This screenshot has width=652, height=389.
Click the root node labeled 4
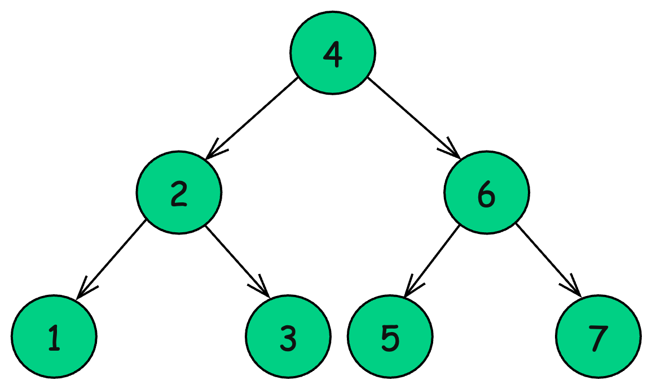coord(333,52)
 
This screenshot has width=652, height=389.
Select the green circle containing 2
coord(178,193)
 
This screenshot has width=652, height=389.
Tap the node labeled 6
coord(486,193)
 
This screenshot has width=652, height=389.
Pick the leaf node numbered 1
coord(54,337)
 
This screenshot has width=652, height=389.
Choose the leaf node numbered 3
coord(288,337)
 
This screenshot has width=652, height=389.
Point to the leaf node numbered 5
coord(390,337)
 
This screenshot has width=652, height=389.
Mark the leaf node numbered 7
coord(598,337)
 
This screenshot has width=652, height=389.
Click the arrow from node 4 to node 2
coord(253,118)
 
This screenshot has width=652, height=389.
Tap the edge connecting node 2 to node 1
coord(112,259)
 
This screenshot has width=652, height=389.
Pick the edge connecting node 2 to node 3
coord(237,260)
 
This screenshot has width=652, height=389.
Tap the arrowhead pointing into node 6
coord(453,151)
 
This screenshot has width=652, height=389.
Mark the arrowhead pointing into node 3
coord(263,289)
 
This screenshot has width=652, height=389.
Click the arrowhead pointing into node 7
coord(574,289)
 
